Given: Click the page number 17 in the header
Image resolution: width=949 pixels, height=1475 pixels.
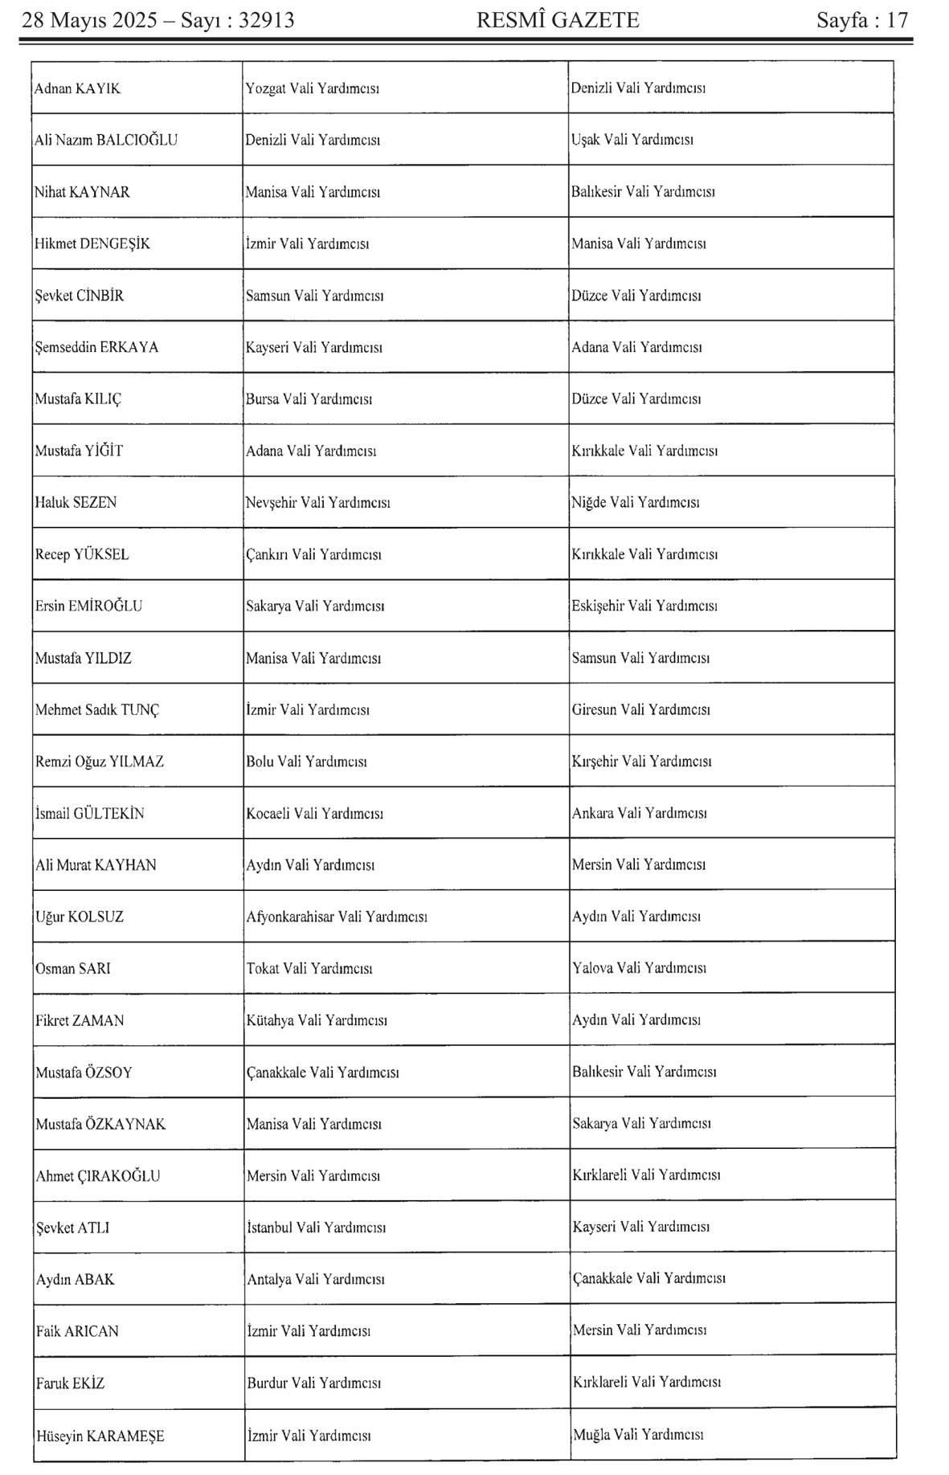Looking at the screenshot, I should click(x=898, y=20).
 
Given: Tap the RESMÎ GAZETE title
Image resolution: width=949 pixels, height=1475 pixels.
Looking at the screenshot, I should click(x=558, y=20).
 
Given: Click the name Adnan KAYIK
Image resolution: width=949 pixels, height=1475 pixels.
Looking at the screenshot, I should click(x=77, y=88).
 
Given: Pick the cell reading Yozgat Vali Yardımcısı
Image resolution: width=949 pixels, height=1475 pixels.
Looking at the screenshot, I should click(x=312, y=88).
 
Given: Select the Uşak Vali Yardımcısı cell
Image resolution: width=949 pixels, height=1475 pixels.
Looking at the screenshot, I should click(x=632, y=140).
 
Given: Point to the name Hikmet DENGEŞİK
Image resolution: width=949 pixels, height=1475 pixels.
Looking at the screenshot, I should click(x=92, y=243).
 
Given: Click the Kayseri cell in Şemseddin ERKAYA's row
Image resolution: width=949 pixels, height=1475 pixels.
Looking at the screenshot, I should click(x=313, y=347).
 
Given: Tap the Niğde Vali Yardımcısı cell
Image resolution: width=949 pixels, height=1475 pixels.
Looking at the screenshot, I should click(x=635, y=502).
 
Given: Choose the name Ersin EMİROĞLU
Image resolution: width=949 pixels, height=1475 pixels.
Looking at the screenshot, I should click(x=88, y=606).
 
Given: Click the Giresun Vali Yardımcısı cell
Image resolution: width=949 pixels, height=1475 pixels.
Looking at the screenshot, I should click(x=640, y=709).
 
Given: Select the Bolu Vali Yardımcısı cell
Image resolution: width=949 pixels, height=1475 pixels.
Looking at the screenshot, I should click(x=306, y=761).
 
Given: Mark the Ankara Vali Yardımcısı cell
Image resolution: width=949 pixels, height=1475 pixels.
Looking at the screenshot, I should click(x=639, y=813).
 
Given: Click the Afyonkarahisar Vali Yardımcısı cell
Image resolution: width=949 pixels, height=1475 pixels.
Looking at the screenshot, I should click(x=336, y=917).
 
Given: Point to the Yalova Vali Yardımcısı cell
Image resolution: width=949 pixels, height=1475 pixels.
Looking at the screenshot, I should click(x=639, y=968).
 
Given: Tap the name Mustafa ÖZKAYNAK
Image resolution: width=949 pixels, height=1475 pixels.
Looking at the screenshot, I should click(x=100, y=1124).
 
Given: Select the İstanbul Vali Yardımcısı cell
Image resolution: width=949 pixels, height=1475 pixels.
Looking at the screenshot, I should click(x=316, y=1228).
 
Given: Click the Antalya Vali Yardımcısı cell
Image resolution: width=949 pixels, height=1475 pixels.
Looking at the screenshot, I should click(x=315, y=1279).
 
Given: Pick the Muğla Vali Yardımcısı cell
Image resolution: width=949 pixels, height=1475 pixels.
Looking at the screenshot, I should click(x=638, y=1434).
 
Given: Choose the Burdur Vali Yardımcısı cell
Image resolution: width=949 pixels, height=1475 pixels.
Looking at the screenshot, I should click(x=313, y=1383).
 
